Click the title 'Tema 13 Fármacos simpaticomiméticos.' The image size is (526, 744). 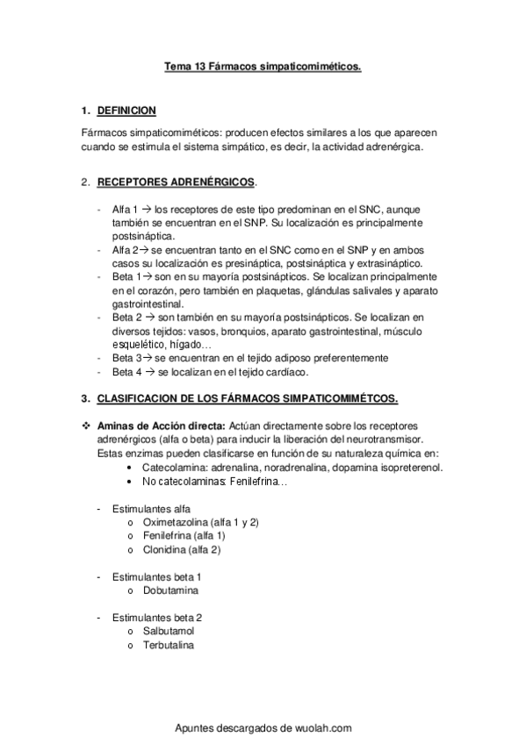(x=263, y=65)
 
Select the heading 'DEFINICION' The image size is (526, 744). (x=126, y=111)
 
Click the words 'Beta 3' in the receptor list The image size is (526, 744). (x=126, y=358)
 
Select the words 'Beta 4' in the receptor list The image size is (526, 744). (x=126, y=372)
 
